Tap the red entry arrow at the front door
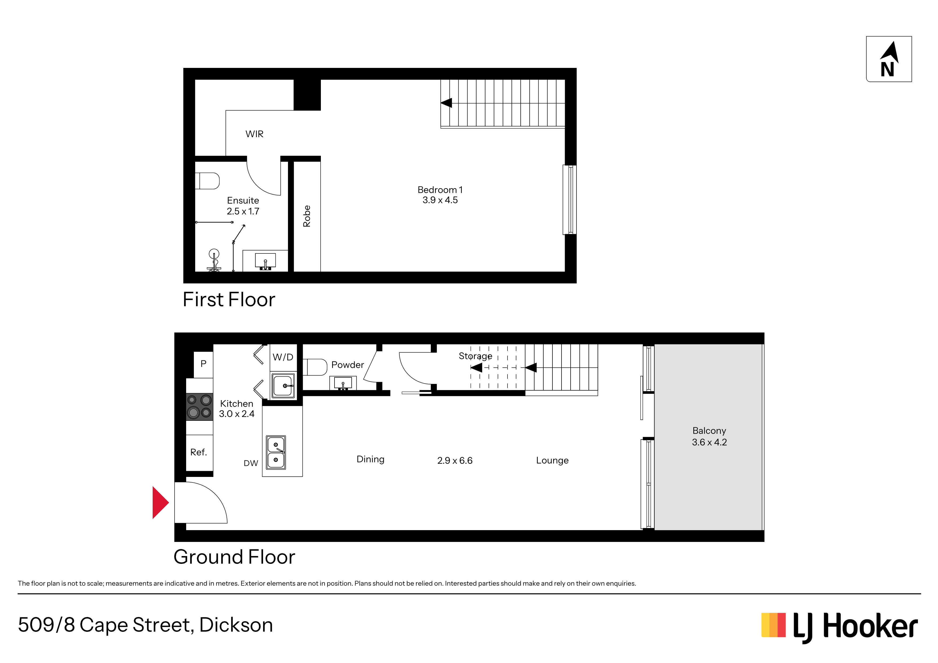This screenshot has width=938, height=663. point(160,502)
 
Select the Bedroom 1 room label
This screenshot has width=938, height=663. point(440,190)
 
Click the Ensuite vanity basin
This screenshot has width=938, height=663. point(265,261)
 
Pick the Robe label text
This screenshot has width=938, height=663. point(307,216)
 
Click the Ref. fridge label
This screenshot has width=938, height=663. point(199,452)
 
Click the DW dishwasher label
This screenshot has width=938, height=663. point(251,463)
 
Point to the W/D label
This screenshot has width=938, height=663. point(283,357)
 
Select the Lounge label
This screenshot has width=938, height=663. point(552,460)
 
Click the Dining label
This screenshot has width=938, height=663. point(371,459)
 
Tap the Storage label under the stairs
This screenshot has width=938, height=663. point(475,356)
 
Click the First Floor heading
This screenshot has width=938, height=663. point(229,299)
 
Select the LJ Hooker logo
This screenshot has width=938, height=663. point(840,627)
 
